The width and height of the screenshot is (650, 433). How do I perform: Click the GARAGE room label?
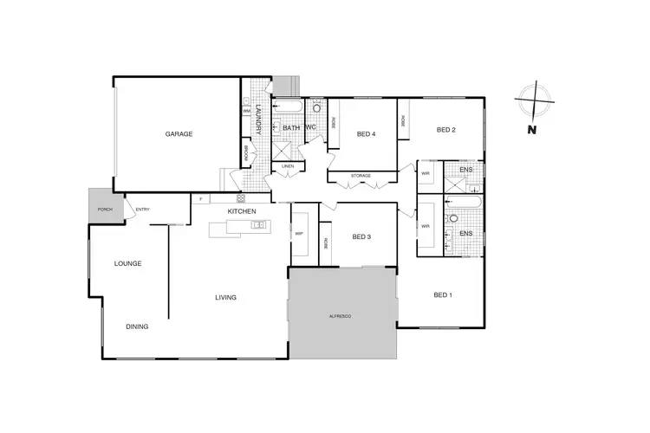coord(179,134)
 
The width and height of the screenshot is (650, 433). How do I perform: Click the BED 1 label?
coord(443,295)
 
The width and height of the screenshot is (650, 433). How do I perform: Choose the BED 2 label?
coord(446,130)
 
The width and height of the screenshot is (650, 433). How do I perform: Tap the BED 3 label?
coord(362,236)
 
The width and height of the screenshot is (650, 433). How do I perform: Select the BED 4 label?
coord(366,133)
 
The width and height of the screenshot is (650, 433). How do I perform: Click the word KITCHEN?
coord(242,211)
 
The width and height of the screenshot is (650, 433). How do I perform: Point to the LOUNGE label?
coord(128,263)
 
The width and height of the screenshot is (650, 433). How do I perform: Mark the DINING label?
coord(137,326)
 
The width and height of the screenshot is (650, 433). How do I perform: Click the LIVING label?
coord(226,298)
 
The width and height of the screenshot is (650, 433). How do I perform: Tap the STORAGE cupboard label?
coord(361,176)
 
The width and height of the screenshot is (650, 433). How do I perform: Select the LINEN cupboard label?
coord(288,165)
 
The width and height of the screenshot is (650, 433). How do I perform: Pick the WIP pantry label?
coord(299,234)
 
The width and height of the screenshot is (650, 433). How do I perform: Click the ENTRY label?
coord(142,209)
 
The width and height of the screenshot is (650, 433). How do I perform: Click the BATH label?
coord(291,128)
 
